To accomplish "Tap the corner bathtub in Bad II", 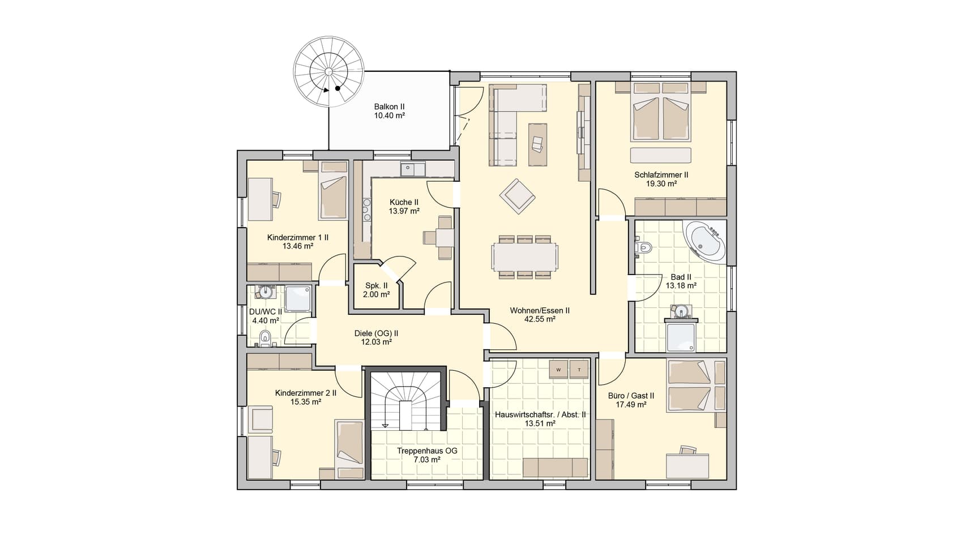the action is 706,241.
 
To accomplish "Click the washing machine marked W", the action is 559,369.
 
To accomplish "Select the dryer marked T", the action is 579,369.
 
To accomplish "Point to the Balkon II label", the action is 389,106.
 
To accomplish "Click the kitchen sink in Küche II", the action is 413,169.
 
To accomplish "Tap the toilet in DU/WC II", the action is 265,339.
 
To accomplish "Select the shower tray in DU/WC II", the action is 298,298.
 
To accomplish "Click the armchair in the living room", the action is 517,196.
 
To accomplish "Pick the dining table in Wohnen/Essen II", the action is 524,257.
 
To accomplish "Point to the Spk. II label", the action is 377,286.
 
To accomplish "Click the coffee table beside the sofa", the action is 537,144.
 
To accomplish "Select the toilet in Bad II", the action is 643,247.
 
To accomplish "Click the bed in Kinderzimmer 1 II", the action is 333,190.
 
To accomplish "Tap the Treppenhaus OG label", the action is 426,451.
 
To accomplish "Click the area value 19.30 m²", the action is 661,184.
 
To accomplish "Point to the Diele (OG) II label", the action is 376,333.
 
